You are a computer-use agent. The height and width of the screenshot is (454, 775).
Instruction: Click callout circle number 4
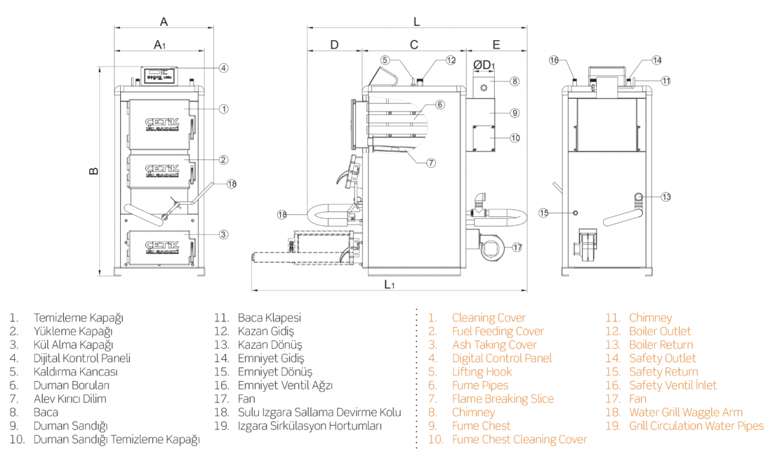point(223,68)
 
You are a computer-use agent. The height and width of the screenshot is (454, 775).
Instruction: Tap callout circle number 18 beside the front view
point(231,184)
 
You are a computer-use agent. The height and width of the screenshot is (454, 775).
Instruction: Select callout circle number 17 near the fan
point(517,247)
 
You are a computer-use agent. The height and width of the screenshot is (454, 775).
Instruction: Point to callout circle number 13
point(666,197)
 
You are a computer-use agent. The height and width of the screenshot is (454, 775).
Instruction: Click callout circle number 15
point(544,212)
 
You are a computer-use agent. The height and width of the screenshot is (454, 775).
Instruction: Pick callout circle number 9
point(514,113)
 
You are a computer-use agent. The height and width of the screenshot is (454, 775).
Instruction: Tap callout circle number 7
point(431,163)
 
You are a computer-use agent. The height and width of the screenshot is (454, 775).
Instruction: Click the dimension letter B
point(94,171)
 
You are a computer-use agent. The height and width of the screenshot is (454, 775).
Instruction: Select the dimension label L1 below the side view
point(389,284)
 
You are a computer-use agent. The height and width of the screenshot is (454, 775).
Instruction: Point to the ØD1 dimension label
point(484,65)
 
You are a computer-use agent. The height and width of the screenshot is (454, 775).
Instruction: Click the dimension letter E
point(496,45)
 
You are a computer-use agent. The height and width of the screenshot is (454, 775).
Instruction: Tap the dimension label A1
point(160,45)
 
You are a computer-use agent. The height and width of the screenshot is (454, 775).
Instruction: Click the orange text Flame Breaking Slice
point(502,398)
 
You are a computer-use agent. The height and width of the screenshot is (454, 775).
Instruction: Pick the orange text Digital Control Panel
point(502,358)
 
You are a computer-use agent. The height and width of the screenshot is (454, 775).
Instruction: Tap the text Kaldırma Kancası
point(76,371)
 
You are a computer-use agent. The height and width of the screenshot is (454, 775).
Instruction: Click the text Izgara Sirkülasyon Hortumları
point(310,426)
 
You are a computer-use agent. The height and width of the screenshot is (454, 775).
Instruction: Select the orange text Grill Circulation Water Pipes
point(696,426)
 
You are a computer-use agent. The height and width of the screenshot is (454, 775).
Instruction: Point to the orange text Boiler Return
point(661,344)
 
